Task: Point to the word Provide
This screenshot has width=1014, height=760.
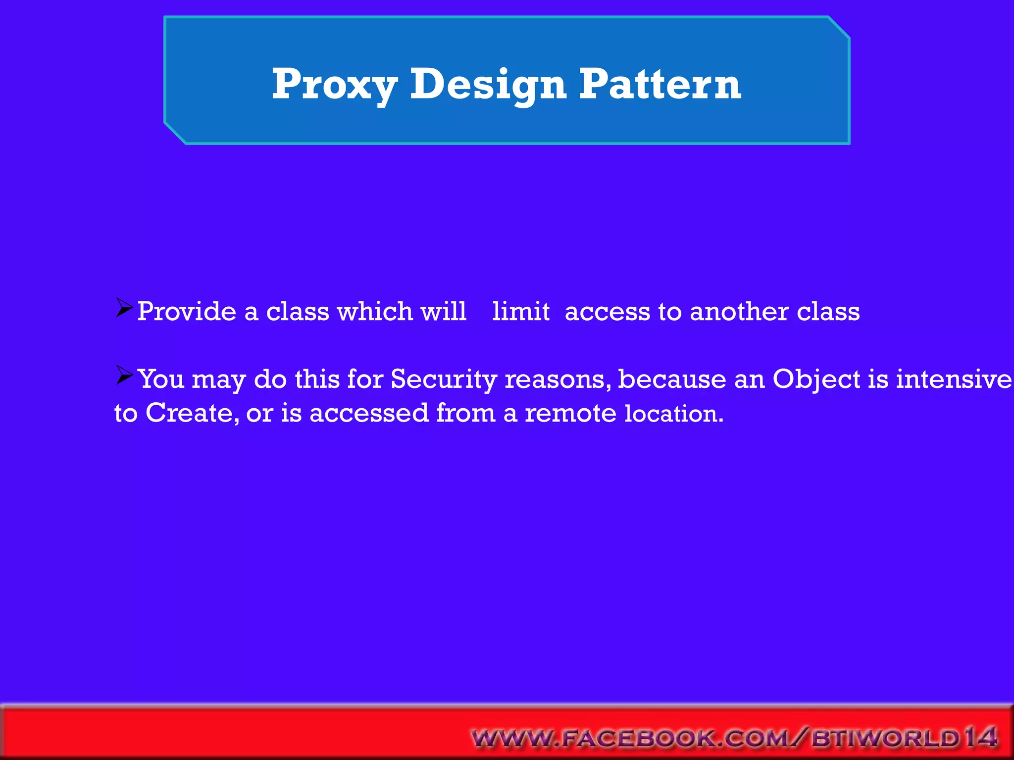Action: click(x=187, y=312)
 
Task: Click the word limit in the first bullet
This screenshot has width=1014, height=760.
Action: click(x=521, y=312)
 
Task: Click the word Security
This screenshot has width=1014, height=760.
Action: click(x=444, y=380)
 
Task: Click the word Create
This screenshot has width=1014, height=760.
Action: click(x=189, y=413)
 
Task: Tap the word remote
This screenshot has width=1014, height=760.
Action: click(x=570, y=413)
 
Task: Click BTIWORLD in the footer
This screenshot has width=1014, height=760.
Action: click(x=886, y=738)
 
